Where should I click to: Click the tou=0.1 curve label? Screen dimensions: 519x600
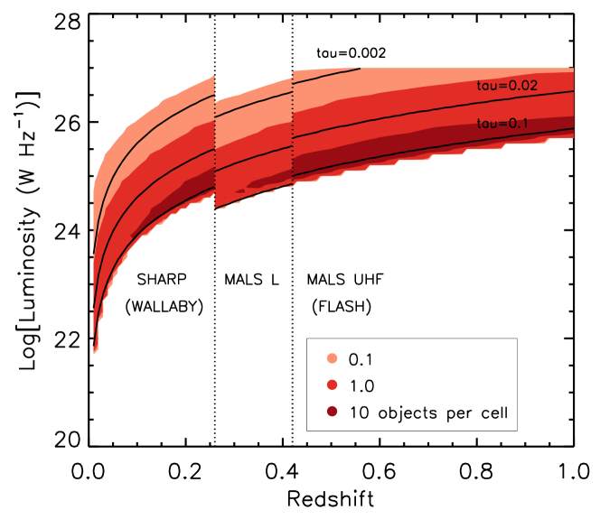click(x=502, y=123)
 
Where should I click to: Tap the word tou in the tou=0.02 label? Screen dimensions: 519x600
click(x=486, y=86)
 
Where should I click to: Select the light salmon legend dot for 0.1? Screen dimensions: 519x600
click(x=333, y=359)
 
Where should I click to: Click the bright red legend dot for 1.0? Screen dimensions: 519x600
click(x=333, y=385)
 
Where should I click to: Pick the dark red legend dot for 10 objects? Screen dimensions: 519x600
click(x=333, y=412)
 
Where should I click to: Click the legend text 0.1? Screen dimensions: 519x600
click(x=361, y=359)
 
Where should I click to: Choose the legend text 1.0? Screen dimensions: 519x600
click(x=361, y=386)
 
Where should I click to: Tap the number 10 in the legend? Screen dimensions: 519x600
click(x=358, y=413)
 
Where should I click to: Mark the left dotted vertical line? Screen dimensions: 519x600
click(x=215, y=140)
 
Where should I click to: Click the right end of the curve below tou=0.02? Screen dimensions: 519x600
click(x=573, y=91)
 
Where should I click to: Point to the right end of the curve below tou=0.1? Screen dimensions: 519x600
click(x=573, y=129)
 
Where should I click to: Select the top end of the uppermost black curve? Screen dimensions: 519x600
click(x=360, y=69)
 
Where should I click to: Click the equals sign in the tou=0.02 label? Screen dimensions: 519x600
click(x=502, y=86)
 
